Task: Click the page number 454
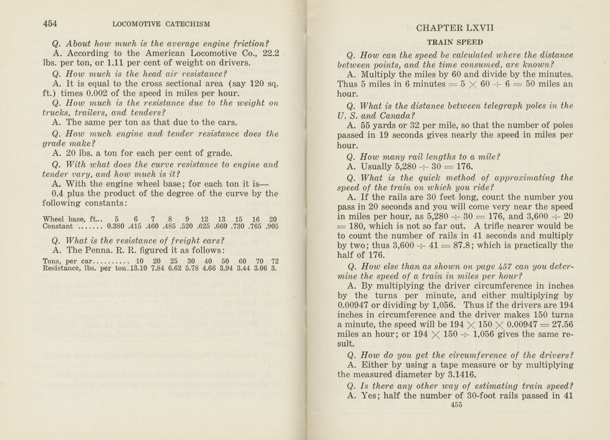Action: tap(50, 24)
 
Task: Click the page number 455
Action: tap(456, 405)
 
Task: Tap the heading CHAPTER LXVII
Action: tap(455, 28)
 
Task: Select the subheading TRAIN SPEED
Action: tap(455, 42)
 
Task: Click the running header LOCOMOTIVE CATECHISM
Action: tap(161, 24)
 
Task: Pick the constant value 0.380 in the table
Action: tap(115, 226)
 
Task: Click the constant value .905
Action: tap(272, 226)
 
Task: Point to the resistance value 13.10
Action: tap(139, 268)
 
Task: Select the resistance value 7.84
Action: tap(158, 268)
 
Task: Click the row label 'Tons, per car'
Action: tap(67, 261)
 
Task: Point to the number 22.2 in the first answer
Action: tap(271, 53)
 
